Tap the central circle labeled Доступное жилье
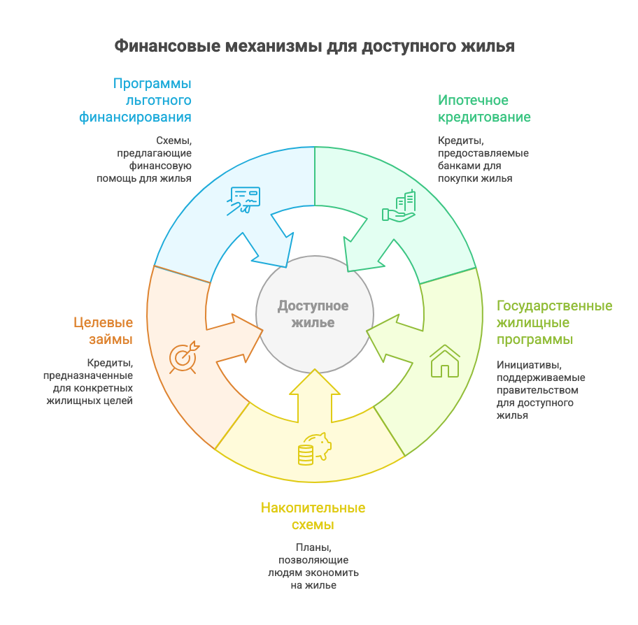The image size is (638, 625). click(x=313, y=314)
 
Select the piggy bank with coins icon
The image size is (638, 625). click(x=314, y=447)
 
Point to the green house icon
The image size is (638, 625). click(x=444, y=361)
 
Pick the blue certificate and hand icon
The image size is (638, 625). click(x=243, y=200)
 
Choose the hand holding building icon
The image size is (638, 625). click(x=399, y=207)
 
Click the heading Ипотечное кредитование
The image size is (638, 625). click(x=484, y=108)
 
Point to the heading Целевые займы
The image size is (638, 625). click(x=103, y=331)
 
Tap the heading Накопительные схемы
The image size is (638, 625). click(x=313, y=516)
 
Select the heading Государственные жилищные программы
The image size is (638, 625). click(x=554, y=322)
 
